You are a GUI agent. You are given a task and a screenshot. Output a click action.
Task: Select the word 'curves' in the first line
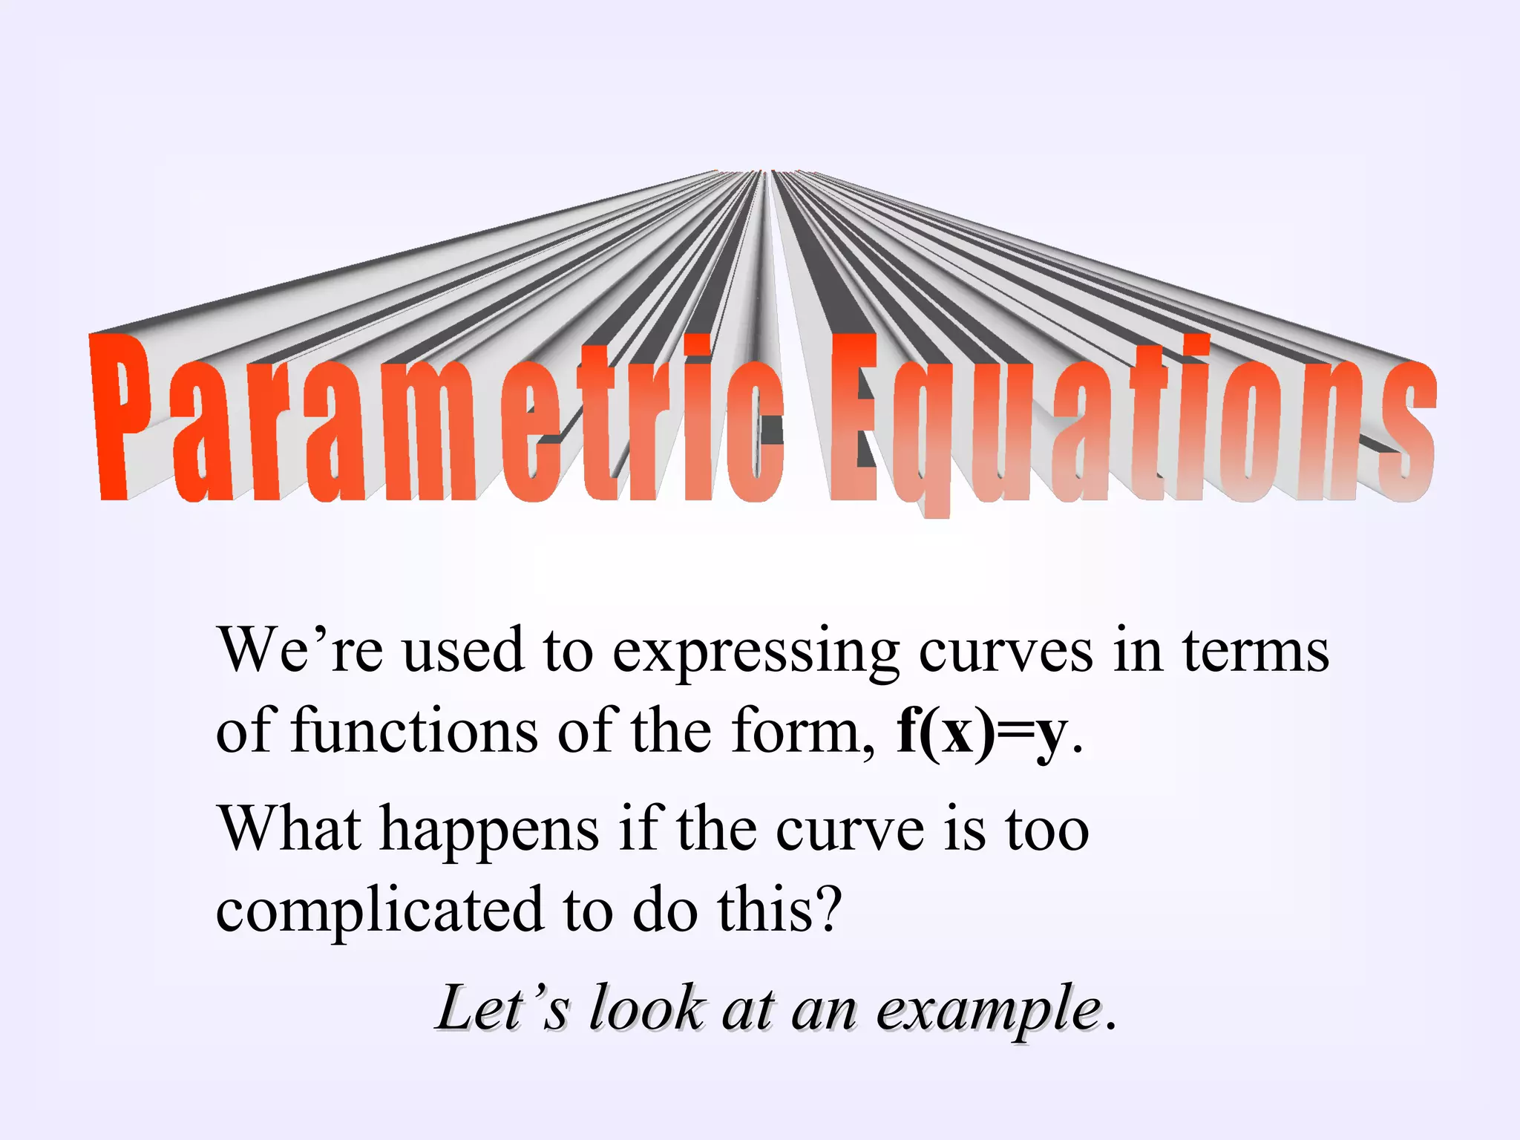tap(1006, 652)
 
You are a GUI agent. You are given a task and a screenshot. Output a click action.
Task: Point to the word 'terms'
tap(1255, 652)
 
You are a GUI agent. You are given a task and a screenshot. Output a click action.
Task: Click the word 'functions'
tap(413, 732)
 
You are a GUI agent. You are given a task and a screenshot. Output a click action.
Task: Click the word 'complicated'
tap(379, 911)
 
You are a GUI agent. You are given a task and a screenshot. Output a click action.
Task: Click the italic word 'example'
tap(989, 1009)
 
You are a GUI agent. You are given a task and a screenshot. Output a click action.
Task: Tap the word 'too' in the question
tap(1047, 828)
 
